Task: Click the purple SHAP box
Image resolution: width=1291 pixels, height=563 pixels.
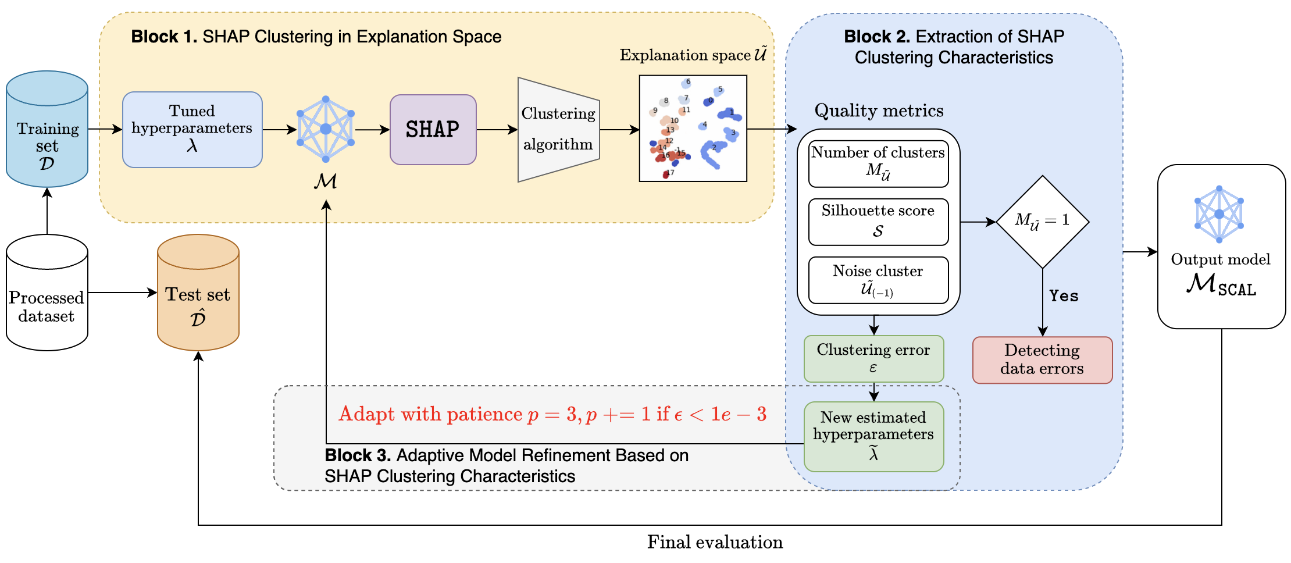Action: pos(433,130)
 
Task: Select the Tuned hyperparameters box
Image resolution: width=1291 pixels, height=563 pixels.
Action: pos(192,130)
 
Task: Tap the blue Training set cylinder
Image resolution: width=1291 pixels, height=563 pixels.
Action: pos(47,129)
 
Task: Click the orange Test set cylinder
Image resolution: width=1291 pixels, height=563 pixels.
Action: pos(198,293)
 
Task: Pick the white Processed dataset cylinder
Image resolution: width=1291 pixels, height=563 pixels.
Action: pos(47,293)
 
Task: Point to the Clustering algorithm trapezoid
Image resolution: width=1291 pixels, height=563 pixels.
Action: pos(559,130)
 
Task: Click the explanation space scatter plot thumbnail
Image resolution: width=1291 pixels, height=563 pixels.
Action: pos(693,129)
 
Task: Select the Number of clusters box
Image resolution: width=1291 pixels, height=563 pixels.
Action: pos(879,164)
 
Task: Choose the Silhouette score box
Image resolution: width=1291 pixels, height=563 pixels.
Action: pos(879,222)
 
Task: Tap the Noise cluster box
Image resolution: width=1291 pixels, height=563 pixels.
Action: pos(879,280)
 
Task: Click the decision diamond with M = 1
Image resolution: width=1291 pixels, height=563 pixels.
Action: pos(1043,222)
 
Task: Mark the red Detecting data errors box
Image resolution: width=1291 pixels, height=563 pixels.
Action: pos(1043,360)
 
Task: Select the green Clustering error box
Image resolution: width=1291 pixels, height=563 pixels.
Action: pos(874,359)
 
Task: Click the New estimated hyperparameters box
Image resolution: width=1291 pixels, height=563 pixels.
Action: pos(874,437)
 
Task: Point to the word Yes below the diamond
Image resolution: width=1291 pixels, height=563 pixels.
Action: pos(1064,296)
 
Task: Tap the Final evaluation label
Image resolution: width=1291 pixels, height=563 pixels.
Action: pos(715,542)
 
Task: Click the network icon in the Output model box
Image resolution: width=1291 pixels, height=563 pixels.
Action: pos(1219,214)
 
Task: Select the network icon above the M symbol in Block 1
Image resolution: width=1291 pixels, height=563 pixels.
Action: pos(326,129)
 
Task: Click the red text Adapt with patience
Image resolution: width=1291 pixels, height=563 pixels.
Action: pos(431,414)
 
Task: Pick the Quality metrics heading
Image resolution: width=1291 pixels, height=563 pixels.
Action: pos(879,111)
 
